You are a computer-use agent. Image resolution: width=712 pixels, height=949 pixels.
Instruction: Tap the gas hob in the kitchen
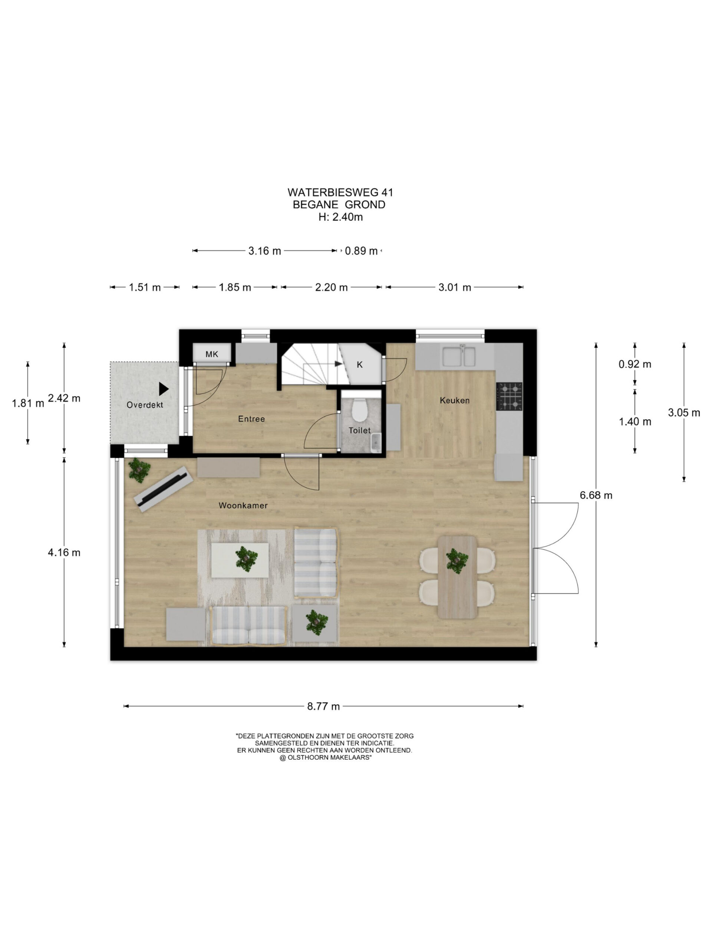tap(509, 396)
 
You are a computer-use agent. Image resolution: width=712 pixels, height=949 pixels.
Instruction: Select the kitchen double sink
tap(459, 356)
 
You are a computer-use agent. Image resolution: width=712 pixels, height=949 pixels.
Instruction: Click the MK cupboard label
tap(212, 354)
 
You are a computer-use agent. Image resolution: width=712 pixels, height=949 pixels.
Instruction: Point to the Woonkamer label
tap(243, 505)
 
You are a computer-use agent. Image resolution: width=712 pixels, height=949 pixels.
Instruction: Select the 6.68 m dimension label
tap(596, 495)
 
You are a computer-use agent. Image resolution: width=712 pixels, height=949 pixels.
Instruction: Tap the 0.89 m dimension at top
tap(361, 251)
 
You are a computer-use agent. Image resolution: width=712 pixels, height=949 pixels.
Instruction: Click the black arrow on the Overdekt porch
tap(164, 389)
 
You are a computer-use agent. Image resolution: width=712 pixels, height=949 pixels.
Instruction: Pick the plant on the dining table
tap(457, 560)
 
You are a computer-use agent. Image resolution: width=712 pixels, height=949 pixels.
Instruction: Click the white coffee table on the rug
tap(240, 560)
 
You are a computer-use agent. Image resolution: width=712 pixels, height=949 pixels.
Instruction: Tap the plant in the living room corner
tap(139, 470)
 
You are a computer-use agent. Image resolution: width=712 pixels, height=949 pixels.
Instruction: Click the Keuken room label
tap(455, 400)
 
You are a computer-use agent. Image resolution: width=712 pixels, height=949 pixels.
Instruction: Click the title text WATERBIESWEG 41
tap(340, 192)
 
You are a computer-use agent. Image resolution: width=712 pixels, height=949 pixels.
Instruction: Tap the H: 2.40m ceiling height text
tap(340, 217)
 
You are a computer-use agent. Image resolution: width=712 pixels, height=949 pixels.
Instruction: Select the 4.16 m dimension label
tap(64, 552)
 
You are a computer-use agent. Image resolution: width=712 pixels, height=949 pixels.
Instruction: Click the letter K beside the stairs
tap(360, 365)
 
